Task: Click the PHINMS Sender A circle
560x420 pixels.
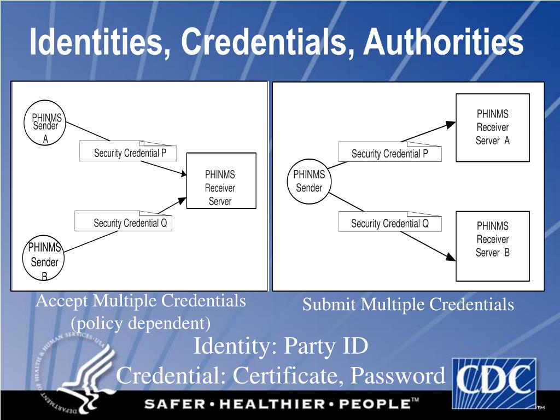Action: [x=45, y=125]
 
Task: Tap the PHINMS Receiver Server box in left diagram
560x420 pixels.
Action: [x=221, y=181]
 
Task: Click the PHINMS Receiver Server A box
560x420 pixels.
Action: [x=493, y=127]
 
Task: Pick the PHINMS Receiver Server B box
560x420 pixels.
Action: [x=493, y=246]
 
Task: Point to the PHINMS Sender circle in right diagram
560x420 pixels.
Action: [x=309, y=182]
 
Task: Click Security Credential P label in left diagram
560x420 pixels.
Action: [x=129, y=153]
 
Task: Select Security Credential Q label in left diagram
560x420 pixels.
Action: [x=129, y=223]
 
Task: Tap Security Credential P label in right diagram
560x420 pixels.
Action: [x=389, y=154]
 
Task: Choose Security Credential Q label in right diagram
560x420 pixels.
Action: [x=389, y=223]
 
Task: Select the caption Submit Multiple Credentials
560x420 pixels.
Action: [x=408, y=304]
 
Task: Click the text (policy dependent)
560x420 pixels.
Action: [x=141, y=323]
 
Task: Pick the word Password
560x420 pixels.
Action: [x=398, y=376]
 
